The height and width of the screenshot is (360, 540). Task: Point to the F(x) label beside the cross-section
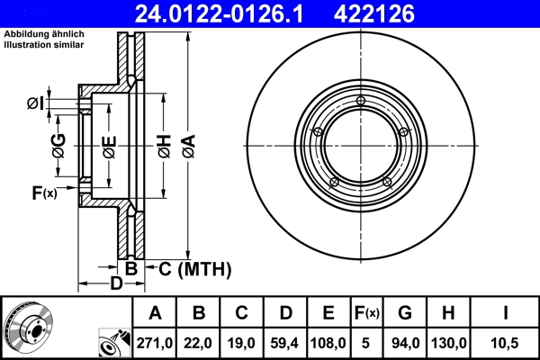click(43, 193)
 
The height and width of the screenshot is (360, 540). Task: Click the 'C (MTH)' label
click(194, 269)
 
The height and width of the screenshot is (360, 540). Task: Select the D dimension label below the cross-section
click(116, 285)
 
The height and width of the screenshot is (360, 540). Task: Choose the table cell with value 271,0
click(156, 341)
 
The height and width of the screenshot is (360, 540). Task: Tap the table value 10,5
click(507, 341)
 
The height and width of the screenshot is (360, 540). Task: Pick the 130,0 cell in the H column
click(449, 341)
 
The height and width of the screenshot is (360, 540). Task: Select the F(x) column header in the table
click(366, 313)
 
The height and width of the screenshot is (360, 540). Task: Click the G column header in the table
click(405, 313)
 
